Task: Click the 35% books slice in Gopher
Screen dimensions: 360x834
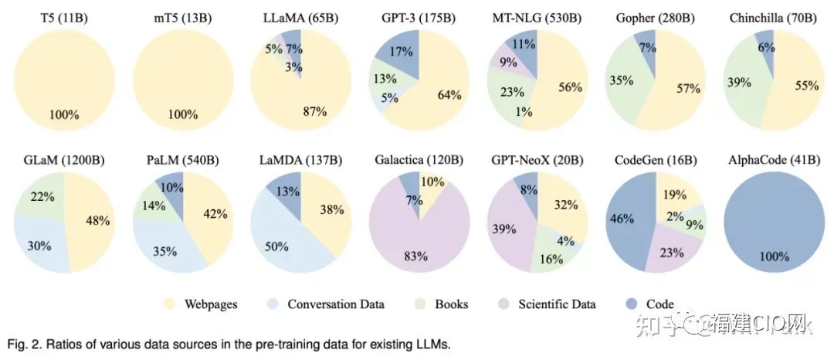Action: click(620, 79)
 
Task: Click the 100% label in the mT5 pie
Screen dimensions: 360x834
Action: click(182, 115)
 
